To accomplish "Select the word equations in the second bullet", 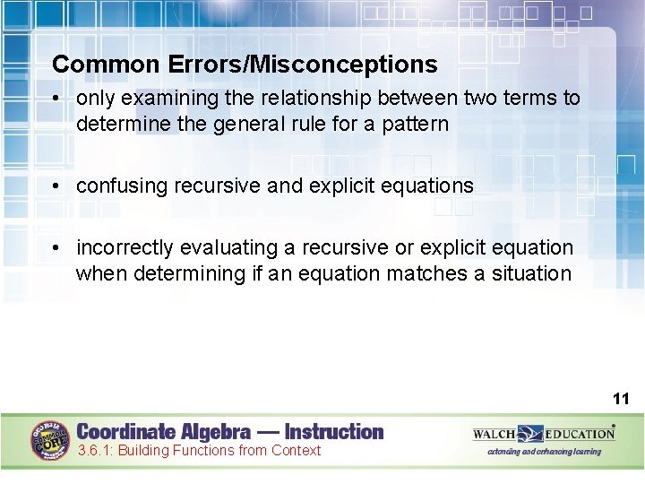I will tap(426, 186).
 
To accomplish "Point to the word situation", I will tap(531, 273).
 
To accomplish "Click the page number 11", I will tap(621, 398).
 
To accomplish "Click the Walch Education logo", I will tap(544, 434).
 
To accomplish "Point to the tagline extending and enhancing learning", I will tap(544, 452).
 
